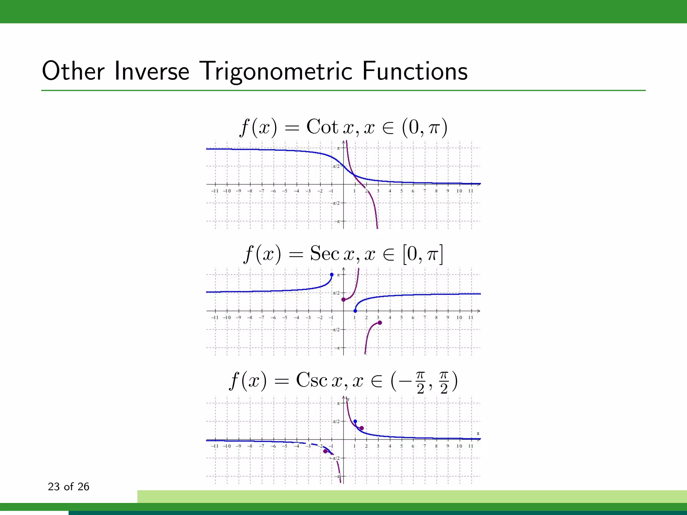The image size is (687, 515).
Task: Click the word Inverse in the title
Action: [152, 71]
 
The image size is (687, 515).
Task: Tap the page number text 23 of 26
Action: [68, 487]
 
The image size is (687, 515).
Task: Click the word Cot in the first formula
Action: [322, 127]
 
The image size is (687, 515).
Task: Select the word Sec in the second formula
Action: [324, 253]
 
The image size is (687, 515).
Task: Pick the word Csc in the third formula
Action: [311, 381]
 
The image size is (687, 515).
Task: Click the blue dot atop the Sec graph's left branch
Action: [332, 275]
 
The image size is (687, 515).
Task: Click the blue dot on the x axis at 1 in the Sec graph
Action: [355, 311]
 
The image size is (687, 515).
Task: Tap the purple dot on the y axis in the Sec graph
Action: [343, 299]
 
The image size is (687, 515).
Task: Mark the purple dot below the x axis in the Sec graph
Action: [380, 323]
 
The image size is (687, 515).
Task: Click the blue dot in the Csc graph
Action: [355, 421]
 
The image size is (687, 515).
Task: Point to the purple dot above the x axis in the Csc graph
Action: [362, 428]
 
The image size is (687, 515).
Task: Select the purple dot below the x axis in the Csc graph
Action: [325, 451]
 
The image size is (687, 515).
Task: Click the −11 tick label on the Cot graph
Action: [215, 191]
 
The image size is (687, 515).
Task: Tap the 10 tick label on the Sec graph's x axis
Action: [459, 318]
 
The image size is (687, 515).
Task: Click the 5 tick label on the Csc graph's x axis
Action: [402, 446]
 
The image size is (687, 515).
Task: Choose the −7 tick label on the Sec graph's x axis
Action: [262, 318]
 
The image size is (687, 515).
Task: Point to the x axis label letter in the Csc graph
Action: [478, 434]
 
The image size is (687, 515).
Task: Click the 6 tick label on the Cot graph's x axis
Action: [413, 191]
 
